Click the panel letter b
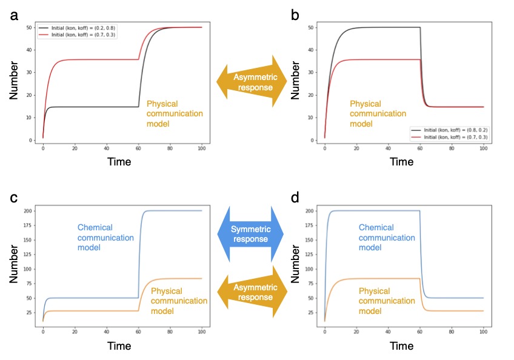pyautogui.click(x=295, y=15)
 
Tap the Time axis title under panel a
pyautogui.click(x=119, y=162)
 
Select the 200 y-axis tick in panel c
pyautogui.click(x=27, y=211)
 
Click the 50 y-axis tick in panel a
pyautogui.click(x=28, y=28)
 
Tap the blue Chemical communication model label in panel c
pyautogui.click(x=105, y=238)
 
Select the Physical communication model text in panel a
pyautogui.click(x=175, y=113)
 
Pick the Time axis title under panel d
pyautogui.click(x=401, y=347)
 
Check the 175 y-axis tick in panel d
pyautogui.click(x=309, y=225)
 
